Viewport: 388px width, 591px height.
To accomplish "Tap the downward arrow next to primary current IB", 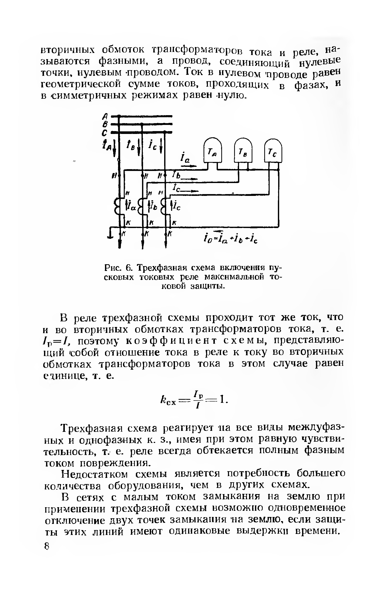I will point(138,150).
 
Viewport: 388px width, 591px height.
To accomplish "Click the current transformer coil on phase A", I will point(117,205).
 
